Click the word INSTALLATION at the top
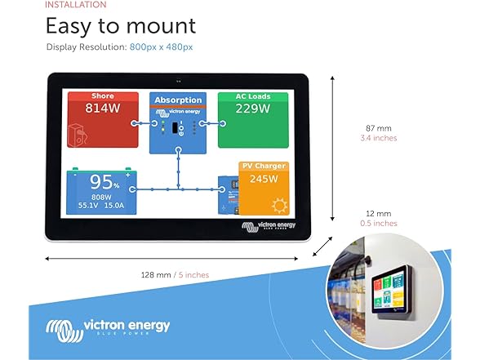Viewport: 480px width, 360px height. pyautogui.click(x=76, y=4)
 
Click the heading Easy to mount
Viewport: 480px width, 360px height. pyautogui.click(x=121, y=26)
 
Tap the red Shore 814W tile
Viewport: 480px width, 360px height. pyautogui.click(x=103, y=119)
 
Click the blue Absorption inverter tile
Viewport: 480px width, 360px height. pyautogui.click(x=178, y=123)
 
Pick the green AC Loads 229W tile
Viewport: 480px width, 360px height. pyautogui.click(x=253, y=119)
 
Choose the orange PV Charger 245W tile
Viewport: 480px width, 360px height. pyautogui.click(x=264, y=188)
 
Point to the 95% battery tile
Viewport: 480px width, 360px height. pyautogui.click(x=103, y=191)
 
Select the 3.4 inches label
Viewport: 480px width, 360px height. pyautogui.click(x=378, y=138)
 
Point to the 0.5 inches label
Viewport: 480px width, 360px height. pyautogui.click(x=378, y=223)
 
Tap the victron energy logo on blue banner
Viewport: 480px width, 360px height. pyautogui.click(x=109, y=327)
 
